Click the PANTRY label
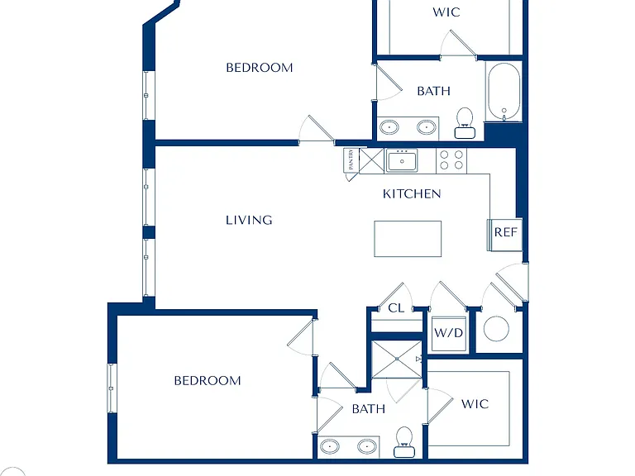pos(351,159)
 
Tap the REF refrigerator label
pos(506,232)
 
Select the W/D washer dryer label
pos(449,333)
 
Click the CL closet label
pos(396,308)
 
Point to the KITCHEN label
pos(412,194)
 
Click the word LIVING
pos(249,220)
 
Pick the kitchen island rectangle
pos(408,239)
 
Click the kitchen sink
pos(401,160)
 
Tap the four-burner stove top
pos(451,159)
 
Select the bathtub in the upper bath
pos(504,92)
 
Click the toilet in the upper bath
pos(465,123)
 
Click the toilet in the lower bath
pos(404,442)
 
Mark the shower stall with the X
pos(397,359)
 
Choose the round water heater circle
pos(496,329)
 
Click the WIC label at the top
pos(446,12)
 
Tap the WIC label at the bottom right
pos(475,404)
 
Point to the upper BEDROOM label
pos(260,68)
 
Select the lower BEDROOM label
pos(208,381)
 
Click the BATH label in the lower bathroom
pos(369,409)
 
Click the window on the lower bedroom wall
pos(112,388)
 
